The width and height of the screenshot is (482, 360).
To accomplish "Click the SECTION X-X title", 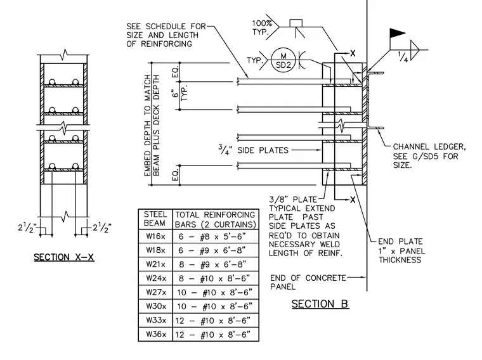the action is coord(64,257).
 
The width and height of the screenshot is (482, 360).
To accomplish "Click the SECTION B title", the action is coord(320,304).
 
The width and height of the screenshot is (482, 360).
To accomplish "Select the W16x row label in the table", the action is coord(155,236).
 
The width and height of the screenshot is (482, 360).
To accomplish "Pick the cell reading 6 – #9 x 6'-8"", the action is coord(212,250).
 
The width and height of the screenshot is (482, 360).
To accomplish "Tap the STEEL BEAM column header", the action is coord(155,219).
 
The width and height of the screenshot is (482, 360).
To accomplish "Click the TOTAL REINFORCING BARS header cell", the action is coord(216,219).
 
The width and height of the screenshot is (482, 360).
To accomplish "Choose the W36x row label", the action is coord(156,334).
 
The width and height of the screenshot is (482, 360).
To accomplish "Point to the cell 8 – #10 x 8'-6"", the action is coord(214,279).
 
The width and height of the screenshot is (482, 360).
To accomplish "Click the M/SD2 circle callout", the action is coord(283,60).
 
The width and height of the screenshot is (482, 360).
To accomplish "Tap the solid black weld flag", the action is coord(397,33).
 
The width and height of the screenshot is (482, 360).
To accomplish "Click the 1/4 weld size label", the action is coord(403,57).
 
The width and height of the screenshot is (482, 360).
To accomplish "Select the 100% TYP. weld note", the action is coord(262,27).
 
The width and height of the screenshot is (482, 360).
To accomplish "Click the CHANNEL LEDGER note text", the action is coord(429,156).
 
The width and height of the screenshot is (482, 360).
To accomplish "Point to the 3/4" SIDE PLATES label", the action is coord(254,150).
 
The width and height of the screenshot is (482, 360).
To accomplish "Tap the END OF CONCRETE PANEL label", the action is coord(308,282).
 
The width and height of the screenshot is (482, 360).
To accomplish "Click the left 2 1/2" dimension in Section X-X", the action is coord(27,228).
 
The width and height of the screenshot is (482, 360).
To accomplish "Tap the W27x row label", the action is coord(156,292).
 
